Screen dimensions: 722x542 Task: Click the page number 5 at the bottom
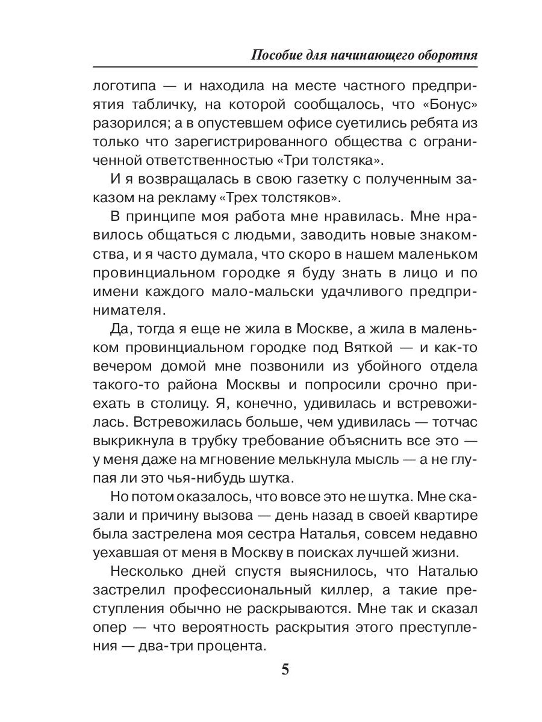[x=285, y=670]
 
